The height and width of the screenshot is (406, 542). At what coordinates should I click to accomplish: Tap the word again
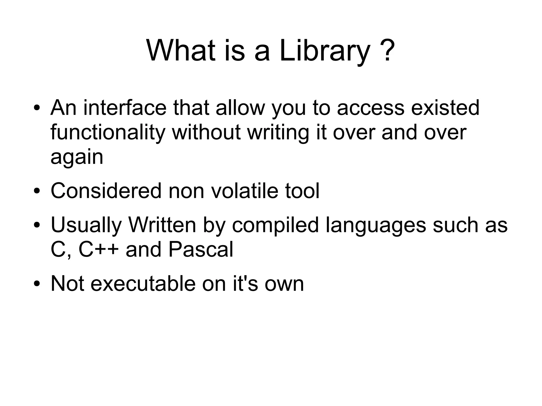[x=77, y=157]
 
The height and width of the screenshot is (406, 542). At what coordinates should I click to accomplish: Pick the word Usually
[x=86, y=225]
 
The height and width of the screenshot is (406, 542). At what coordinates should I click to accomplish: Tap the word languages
[x=376, y=225]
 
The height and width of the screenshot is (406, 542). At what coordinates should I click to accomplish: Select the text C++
[x=98, y=249]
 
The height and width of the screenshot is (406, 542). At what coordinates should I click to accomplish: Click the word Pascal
[x=201, y=249]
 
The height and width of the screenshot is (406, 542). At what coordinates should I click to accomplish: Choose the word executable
[x=143, y=284]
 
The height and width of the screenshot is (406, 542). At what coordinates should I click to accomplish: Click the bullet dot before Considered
[x=37, y=191]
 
